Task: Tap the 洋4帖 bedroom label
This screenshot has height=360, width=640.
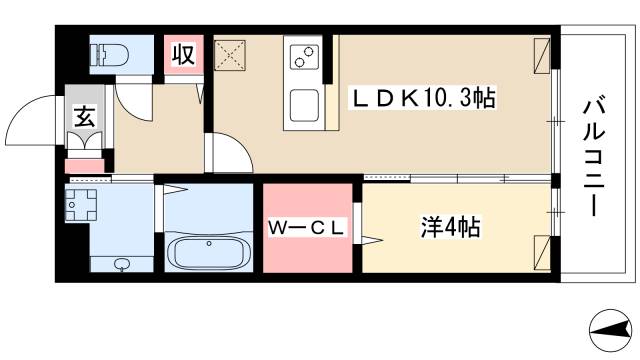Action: click(449, 227)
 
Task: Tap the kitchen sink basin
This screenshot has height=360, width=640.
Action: click(302, 102)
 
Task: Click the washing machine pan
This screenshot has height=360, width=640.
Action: click(79, 205)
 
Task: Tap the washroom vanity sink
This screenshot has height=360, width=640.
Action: click(121, 263)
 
